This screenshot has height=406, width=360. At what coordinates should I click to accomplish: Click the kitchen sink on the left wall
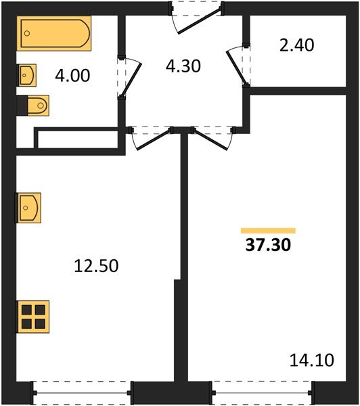click(x=28, y=207)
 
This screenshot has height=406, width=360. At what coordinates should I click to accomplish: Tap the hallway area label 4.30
click(x=183, y=67)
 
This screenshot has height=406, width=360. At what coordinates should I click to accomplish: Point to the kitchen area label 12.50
click(x=97, y=266)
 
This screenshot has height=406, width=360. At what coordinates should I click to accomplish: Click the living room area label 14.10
click(x=312, y=360)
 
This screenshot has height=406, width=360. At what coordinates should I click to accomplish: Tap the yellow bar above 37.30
click(x=268, y=231)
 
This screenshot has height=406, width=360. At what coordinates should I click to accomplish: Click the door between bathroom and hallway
click(x=129, y=77)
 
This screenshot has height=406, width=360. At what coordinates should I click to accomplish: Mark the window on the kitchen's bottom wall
click(x=81, y=390)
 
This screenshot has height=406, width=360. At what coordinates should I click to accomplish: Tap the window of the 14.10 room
click(x=262, y=390)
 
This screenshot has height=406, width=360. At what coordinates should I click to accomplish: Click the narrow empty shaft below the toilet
click(x=75, y=139)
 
